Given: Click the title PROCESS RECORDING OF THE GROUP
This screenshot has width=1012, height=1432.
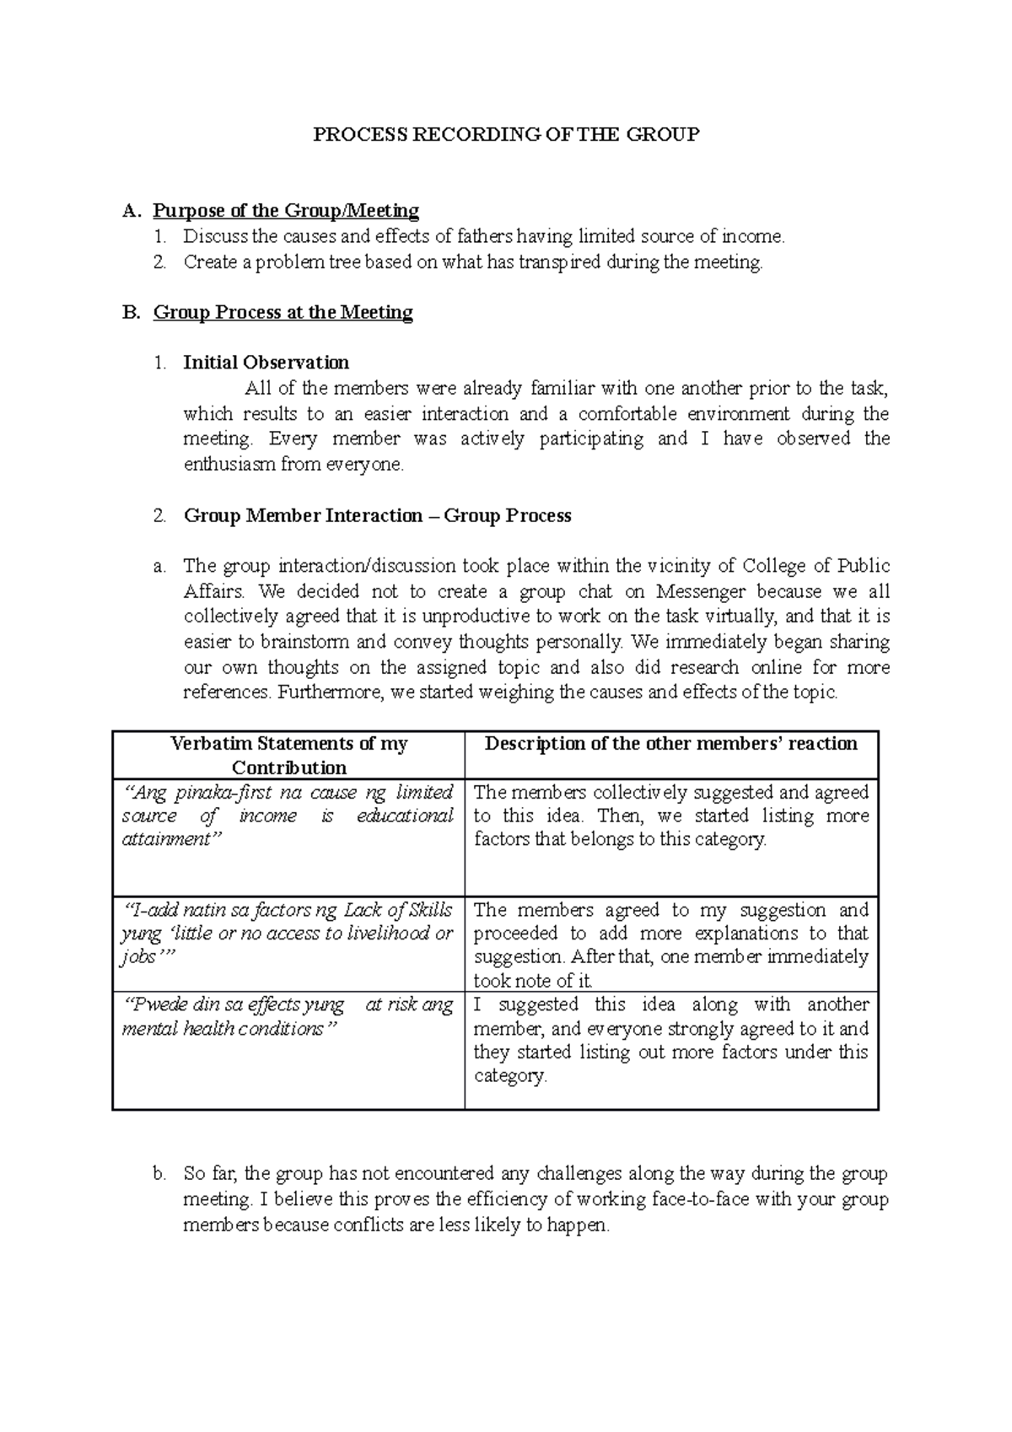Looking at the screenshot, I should coord(506,134).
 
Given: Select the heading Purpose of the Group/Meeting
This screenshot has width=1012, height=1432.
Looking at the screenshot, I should coord(286,210).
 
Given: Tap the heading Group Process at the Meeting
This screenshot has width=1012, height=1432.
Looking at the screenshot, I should coord(283,312).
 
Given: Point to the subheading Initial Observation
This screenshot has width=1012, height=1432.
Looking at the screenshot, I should coord(266,363).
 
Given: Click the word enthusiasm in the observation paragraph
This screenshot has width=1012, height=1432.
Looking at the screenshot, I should coord(230,464).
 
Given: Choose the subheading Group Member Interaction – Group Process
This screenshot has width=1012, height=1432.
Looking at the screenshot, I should coord(377,515).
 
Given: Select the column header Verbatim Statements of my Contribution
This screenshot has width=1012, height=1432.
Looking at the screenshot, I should coord(288,755).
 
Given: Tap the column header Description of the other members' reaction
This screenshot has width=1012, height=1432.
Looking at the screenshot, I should coord(670,744).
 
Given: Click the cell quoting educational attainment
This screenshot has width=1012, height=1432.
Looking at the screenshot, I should coord(288,816).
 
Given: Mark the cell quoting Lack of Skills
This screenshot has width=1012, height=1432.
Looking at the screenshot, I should coord(288,934).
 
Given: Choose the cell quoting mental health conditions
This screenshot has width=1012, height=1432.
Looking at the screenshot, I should coord(288,1016).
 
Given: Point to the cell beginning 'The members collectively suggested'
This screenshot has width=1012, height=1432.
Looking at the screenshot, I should coord(670,816).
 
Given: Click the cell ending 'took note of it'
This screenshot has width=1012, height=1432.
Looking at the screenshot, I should coord(670,945).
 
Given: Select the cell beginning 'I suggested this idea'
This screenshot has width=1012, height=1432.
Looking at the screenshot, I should coord(670,1040).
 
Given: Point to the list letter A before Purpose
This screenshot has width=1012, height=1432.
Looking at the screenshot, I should coord(129,210).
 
